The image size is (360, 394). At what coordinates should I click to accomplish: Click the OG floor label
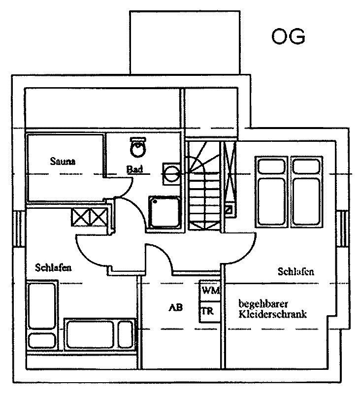point(289,36)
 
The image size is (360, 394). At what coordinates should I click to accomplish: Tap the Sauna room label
point(63,161)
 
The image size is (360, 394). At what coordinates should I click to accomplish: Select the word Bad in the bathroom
point(134,169)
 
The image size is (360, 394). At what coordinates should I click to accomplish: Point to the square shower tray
point(165,212)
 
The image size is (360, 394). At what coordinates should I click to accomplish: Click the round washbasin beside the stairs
point(172,174)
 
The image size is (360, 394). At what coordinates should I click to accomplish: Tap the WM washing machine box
point(210,291)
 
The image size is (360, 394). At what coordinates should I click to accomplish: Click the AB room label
point(176,307)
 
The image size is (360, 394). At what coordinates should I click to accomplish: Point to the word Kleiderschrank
point(272,314)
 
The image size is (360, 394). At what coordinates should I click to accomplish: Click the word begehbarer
point(263,304)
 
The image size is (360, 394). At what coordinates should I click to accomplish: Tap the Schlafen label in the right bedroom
point(295,271)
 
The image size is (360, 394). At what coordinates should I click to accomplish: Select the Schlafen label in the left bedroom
point(53,267)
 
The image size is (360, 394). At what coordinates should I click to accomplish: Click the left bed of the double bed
point(271,192)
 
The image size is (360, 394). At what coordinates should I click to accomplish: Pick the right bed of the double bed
point(306,192)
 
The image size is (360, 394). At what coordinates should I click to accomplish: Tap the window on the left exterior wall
point(19,229)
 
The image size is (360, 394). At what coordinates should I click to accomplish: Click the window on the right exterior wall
point(342,229)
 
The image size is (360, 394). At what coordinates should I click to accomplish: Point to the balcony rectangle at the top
point(185,42)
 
